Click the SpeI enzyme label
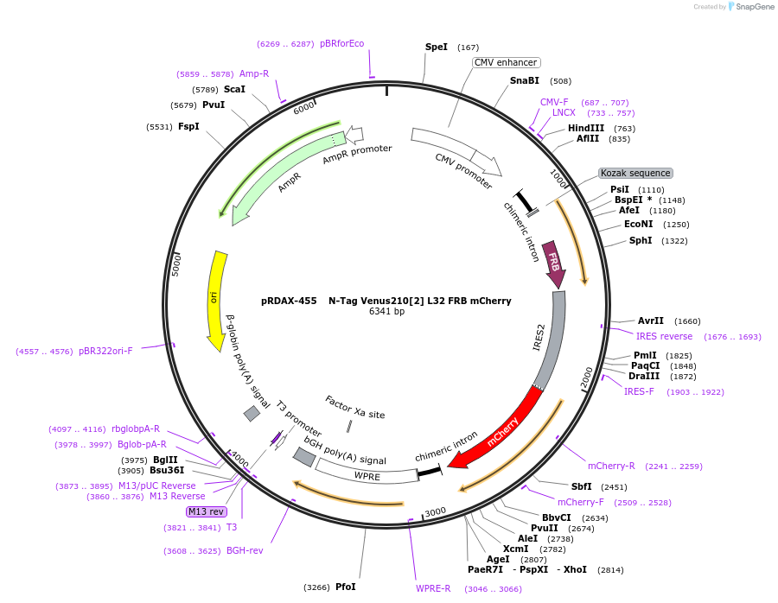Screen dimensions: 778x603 [437, 47]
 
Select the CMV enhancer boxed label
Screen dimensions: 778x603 [507, 62]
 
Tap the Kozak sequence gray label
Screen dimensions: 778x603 [635, 174]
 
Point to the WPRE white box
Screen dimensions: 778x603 [367, 474]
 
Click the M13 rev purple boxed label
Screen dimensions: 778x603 [206, 511]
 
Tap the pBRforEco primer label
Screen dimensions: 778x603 [342, 43]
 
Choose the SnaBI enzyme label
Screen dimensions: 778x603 [524, 81]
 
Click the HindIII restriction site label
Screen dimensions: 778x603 [586, 128]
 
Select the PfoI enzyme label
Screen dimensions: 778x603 [345, 587]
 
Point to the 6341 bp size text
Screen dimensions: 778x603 [386, 312]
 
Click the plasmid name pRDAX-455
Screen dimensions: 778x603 [288, 301]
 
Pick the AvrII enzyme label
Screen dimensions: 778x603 [650, 321]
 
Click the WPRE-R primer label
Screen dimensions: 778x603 [433, 588]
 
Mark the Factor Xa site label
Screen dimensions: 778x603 [355, 408]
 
